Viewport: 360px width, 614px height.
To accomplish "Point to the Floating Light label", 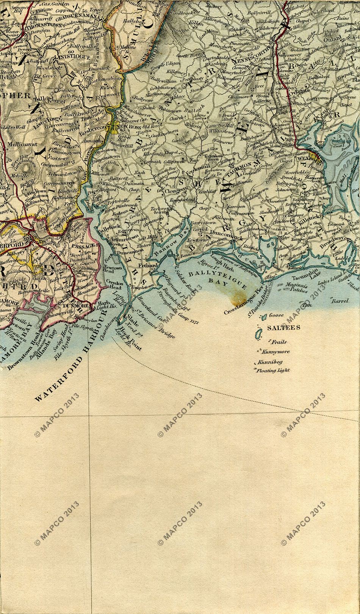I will click(273, 370).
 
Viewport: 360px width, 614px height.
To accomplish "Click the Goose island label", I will click(278, 315).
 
